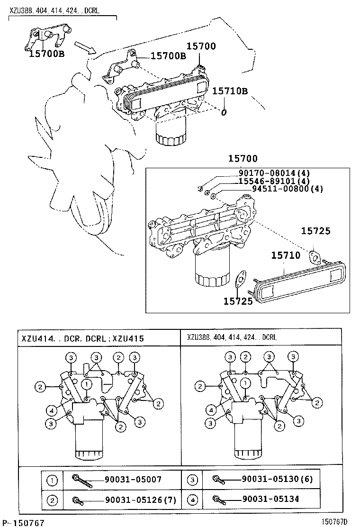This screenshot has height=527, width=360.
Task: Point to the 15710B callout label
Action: (x=230, y=91)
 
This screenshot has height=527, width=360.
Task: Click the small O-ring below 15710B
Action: (x=225, y=112)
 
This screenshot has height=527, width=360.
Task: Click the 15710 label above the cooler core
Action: (x=286, y=255)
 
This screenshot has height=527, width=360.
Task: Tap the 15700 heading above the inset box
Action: (x=243, y=159)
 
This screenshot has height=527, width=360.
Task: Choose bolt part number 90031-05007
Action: (x=133, y=480)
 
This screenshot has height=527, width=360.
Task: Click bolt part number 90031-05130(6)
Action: (x=277, y=480)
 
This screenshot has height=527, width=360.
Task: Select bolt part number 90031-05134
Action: (x=270, y=499)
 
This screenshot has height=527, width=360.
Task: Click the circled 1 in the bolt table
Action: (x=52, y=480)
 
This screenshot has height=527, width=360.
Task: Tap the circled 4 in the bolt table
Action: (x=192, y=499)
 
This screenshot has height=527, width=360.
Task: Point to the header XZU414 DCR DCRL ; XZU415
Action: (x=82, y=338)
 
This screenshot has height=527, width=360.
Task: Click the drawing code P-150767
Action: (x=23, y=522)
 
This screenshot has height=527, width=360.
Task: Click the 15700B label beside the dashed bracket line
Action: (x=168, y=56)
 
